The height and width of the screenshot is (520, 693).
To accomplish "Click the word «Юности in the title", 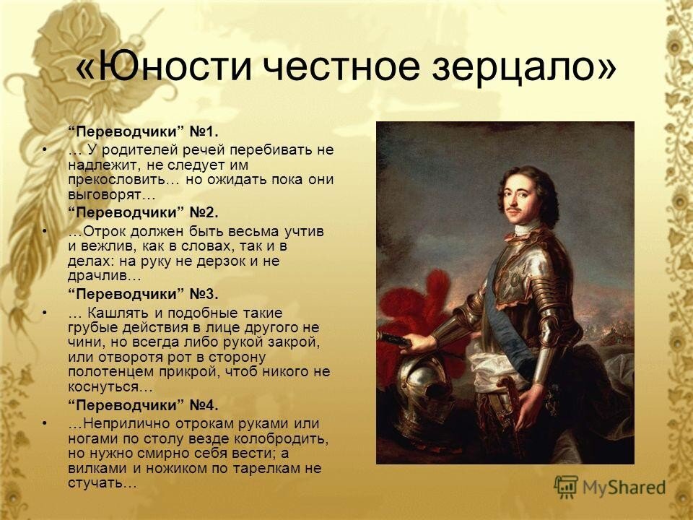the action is coord(164,66).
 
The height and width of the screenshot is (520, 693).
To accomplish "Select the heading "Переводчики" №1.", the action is coord(143,131).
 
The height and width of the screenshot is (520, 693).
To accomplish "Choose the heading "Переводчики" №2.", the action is coord(143,212).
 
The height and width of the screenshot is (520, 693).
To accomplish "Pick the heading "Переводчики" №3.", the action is coord(143,294).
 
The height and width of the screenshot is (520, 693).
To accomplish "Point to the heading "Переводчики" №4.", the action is coord(143,405).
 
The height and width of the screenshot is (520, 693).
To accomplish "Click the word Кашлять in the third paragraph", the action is coord(118,313).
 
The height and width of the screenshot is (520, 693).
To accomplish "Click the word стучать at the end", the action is coord(95,483).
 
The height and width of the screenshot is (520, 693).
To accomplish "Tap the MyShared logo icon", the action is coord(566,487).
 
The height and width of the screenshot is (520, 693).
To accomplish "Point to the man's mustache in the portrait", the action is coord(513,208).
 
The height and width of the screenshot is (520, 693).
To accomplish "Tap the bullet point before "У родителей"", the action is coord(44,151).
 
